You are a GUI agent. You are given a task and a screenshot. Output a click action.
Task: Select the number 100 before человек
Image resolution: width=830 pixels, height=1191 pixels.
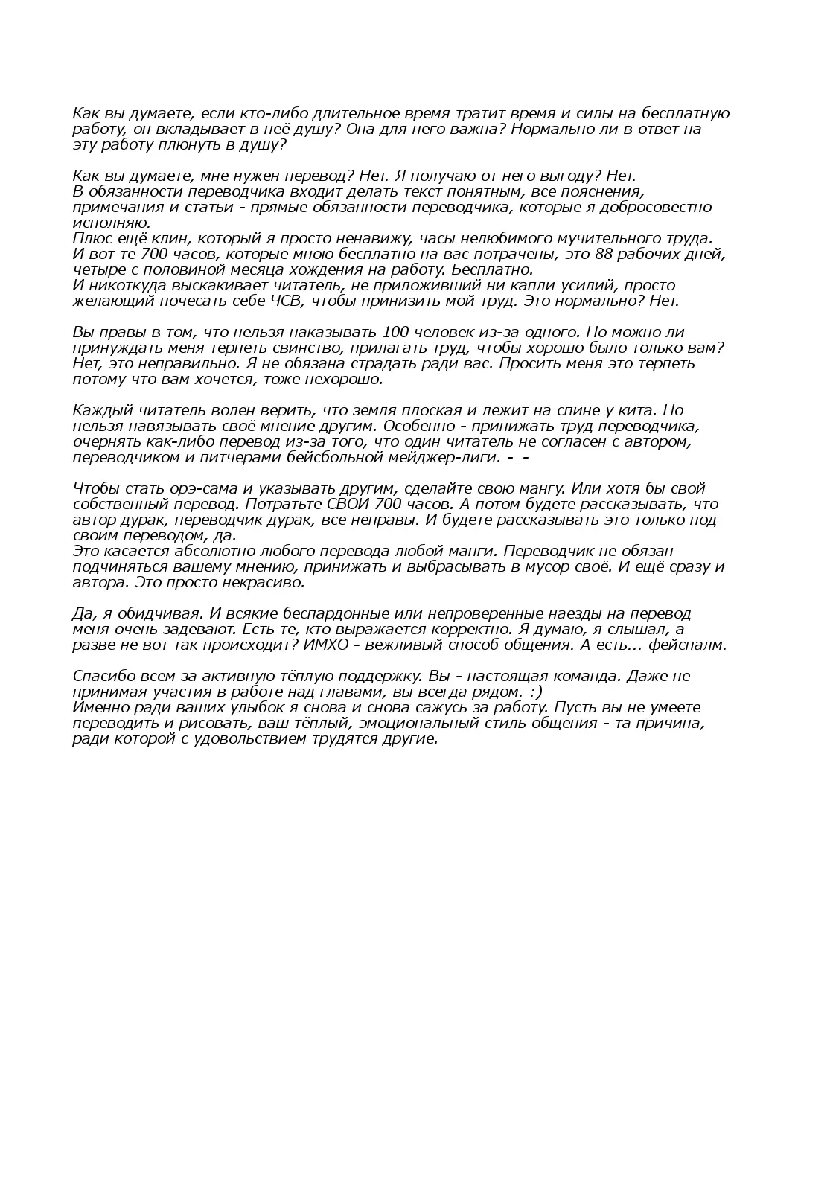[394, 333]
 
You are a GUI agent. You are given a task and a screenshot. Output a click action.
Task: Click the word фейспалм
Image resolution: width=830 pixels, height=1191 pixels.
[687, 645]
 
